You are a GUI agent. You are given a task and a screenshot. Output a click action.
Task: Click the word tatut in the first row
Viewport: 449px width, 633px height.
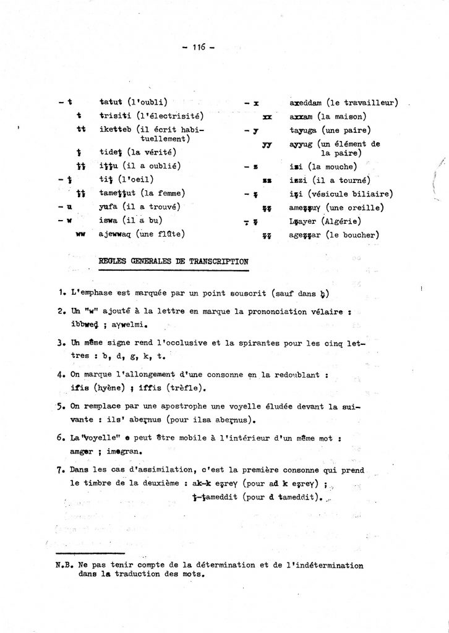[111, 101]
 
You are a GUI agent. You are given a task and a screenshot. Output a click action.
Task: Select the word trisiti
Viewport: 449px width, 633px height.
[115, 116]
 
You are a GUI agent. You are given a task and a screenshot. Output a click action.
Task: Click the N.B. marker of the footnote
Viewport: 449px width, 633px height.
[64, 565]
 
